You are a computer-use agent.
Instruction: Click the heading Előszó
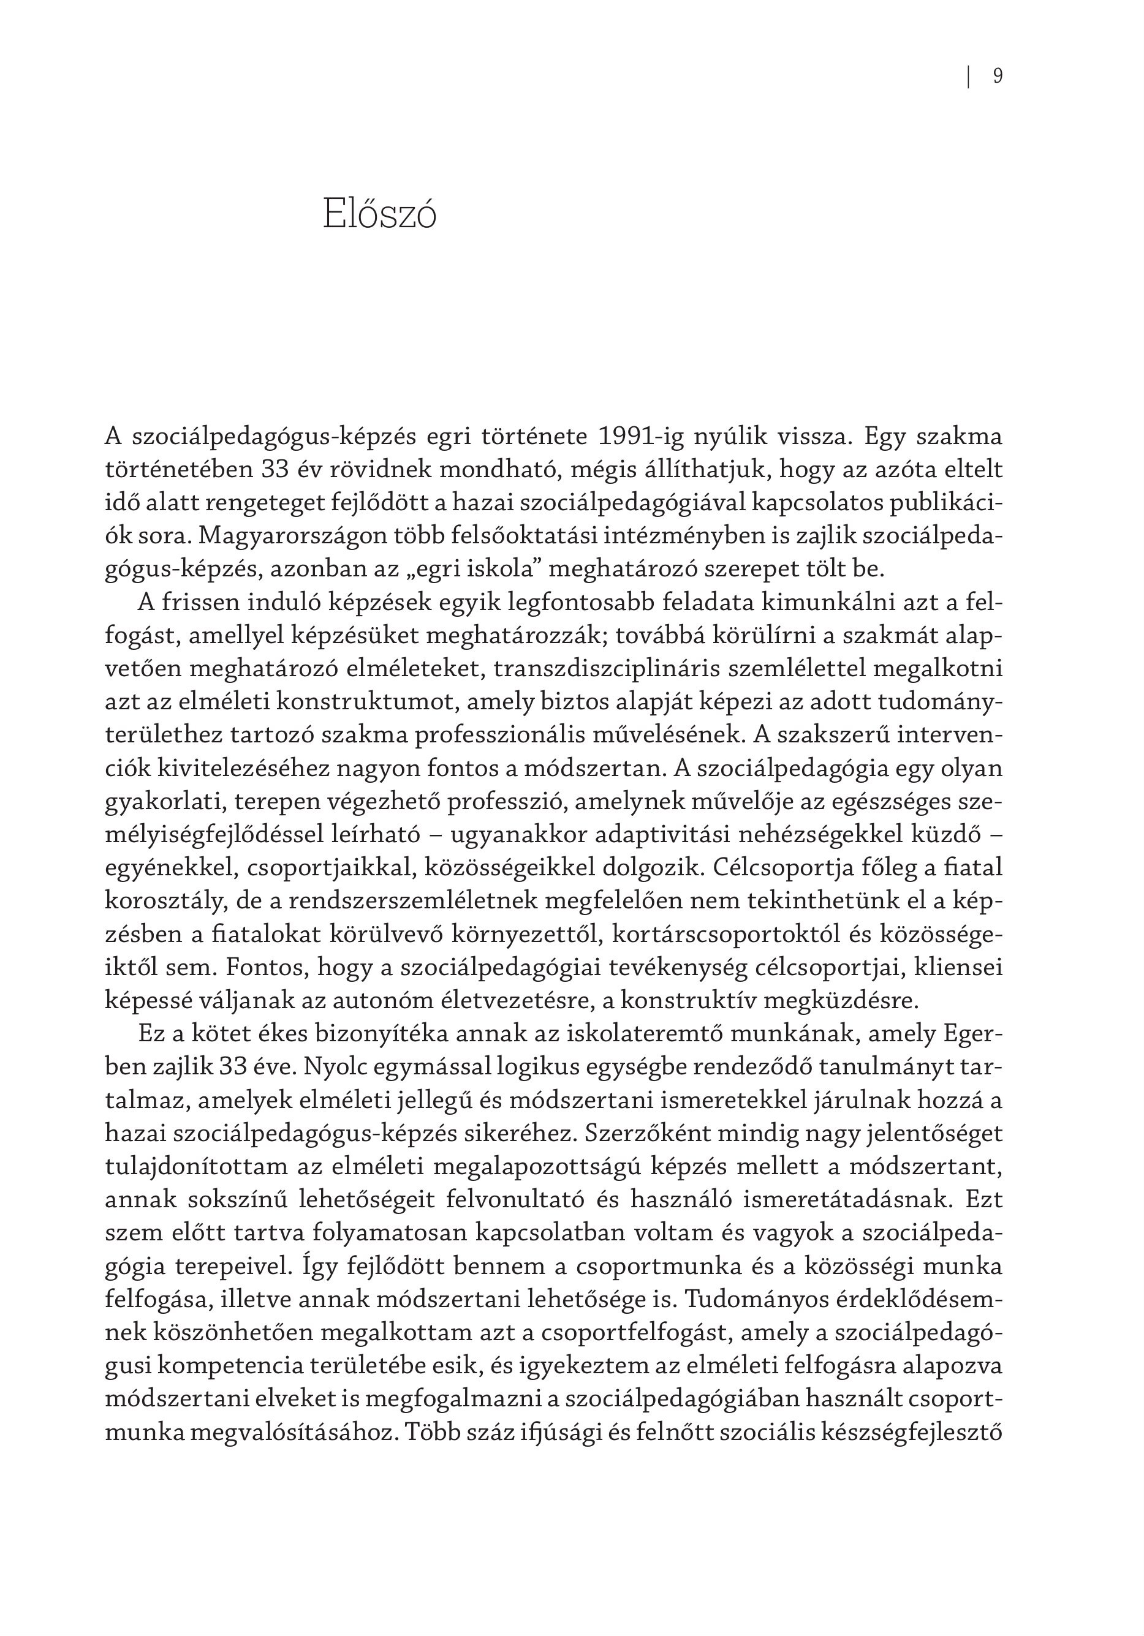click(x=379, y=214)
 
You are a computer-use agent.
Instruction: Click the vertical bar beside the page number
click(x=969, y=76)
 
